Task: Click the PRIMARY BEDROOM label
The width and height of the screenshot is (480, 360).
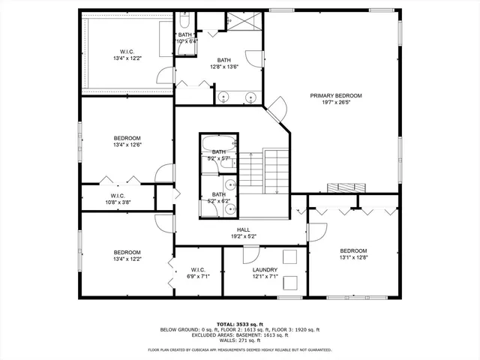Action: pyautogui.click(x=337, y=96)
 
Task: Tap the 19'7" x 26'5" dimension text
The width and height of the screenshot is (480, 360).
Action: pyautogui.click(x=337, y=103)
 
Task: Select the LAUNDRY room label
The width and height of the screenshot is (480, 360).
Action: pyautogui.click(x=265, y=270)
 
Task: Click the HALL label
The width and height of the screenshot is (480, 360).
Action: pyautogui.click(x=243, y=230)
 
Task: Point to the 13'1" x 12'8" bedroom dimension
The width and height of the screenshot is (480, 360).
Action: pyautogui.click(x=353, y=258)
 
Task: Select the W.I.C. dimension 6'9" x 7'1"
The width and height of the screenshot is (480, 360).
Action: pyautogui.click(x=198, y=277)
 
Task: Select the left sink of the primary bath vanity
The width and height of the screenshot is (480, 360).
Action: pyautogui.click(x=223, y=96)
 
